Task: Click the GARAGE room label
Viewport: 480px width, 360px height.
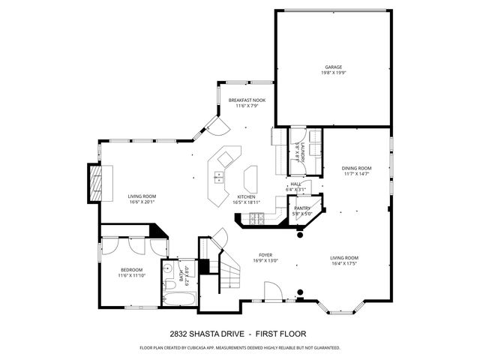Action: tap(333, 67)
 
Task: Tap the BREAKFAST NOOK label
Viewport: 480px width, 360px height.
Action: tap(247, 100)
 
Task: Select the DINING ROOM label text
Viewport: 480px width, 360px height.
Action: tap(356, 168)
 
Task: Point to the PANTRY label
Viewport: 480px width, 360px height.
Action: tap(302, 208)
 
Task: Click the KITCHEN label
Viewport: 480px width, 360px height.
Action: tap(247, 196)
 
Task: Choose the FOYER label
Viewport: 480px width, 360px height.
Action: tap(265, 255)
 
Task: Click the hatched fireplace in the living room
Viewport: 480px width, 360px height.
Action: tap(94, 182)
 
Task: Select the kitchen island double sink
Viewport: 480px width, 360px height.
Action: tap(219, 177)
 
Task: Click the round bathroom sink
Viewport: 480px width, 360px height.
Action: tap(169, 268)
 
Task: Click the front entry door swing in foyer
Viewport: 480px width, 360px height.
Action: tap(272, 291)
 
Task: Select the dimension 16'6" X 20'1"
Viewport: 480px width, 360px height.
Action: tap(140, 201)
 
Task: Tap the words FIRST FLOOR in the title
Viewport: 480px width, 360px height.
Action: tap(281, 333)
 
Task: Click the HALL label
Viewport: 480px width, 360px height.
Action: tap(295, 184)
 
